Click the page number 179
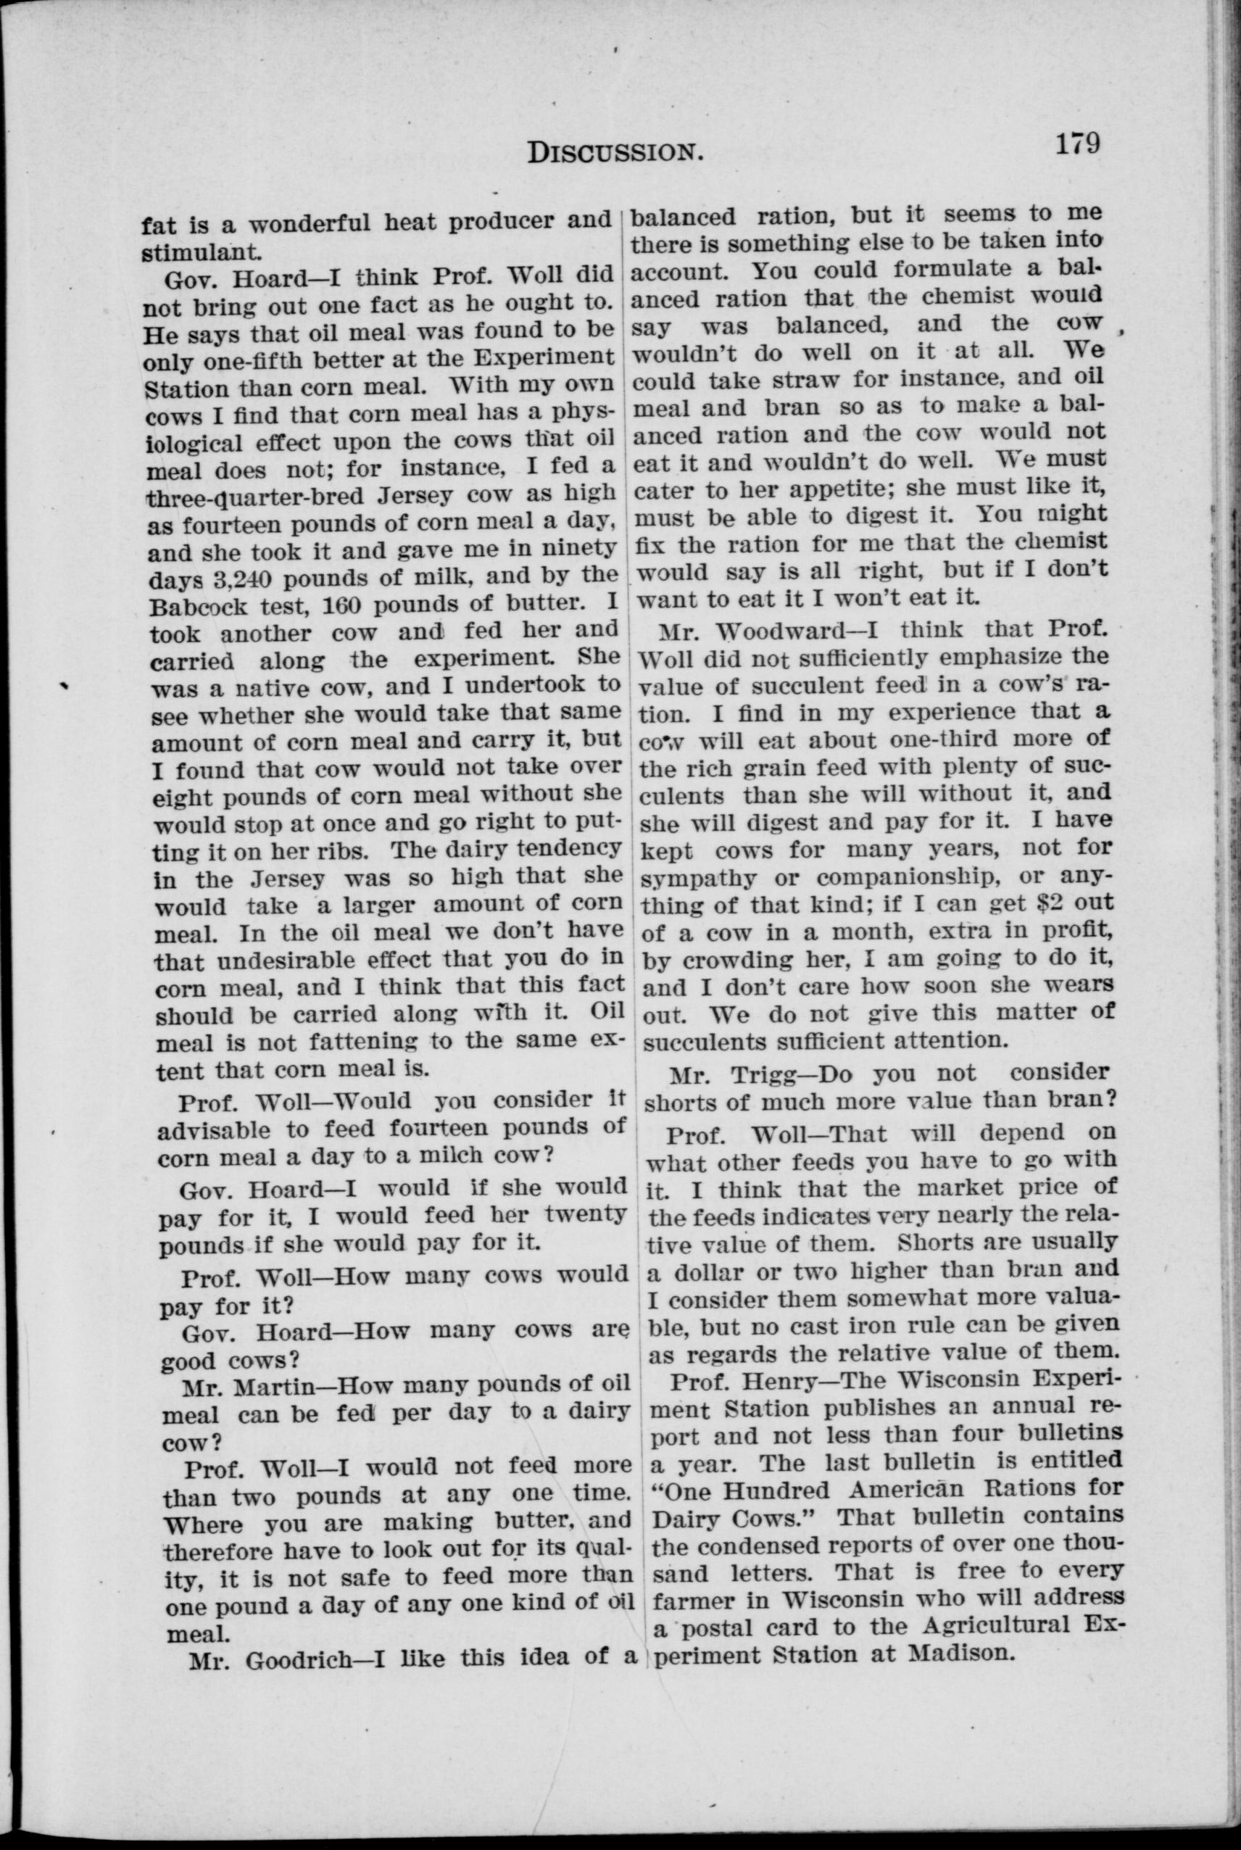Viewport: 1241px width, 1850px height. tap(1076, 145)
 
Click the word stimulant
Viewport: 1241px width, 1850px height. tap(199, 253)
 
